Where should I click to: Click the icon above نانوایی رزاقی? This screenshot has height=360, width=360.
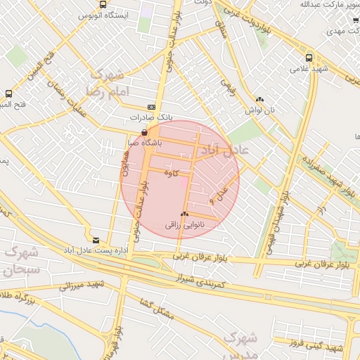point(184,214)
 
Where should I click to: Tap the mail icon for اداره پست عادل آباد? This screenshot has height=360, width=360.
point(96,240)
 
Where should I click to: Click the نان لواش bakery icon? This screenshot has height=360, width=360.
point(259,100)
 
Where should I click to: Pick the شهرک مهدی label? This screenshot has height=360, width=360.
point(343,32)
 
